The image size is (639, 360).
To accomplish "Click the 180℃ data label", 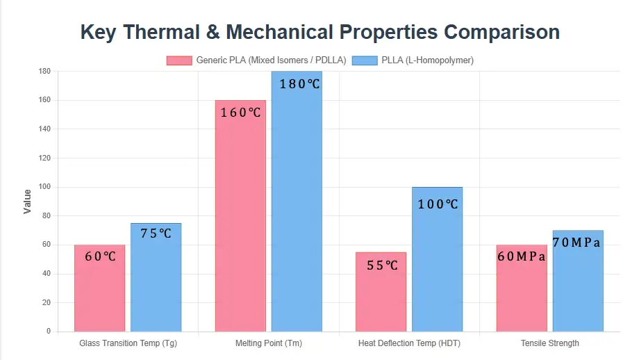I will (x=299, y=84).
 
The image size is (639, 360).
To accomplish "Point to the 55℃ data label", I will (x=381, y=265).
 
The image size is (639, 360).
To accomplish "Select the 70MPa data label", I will (x=576, y=243).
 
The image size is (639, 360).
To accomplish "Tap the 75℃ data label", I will (x=156, y=234).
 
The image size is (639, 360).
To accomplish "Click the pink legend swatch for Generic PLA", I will (x=179, y=60).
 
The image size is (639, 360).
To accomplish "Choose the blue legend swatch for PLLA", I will (x=365, y=60).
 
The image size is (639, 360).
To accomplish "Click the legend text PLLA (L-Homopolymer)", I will (x=427, y=60).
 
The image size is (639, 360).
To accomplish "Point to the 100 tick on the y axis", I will (x=44, y=187).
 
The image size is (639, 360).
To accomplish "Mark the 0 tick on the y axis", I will (x=48, y=332).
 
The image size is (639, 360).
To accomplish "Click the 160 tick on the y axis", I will (x=44, y=100).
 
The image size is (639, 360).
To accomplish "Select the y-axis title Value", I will (x=28, y=201).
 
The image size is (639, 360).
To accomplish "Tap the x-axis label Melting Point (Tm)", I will (x=269, y=343).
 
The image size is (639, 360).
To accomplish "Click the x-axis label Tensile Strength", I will (x=549, y=343).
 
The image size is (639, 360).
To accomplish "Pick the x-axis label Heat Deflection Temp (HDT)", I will (x=409, y=343).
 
